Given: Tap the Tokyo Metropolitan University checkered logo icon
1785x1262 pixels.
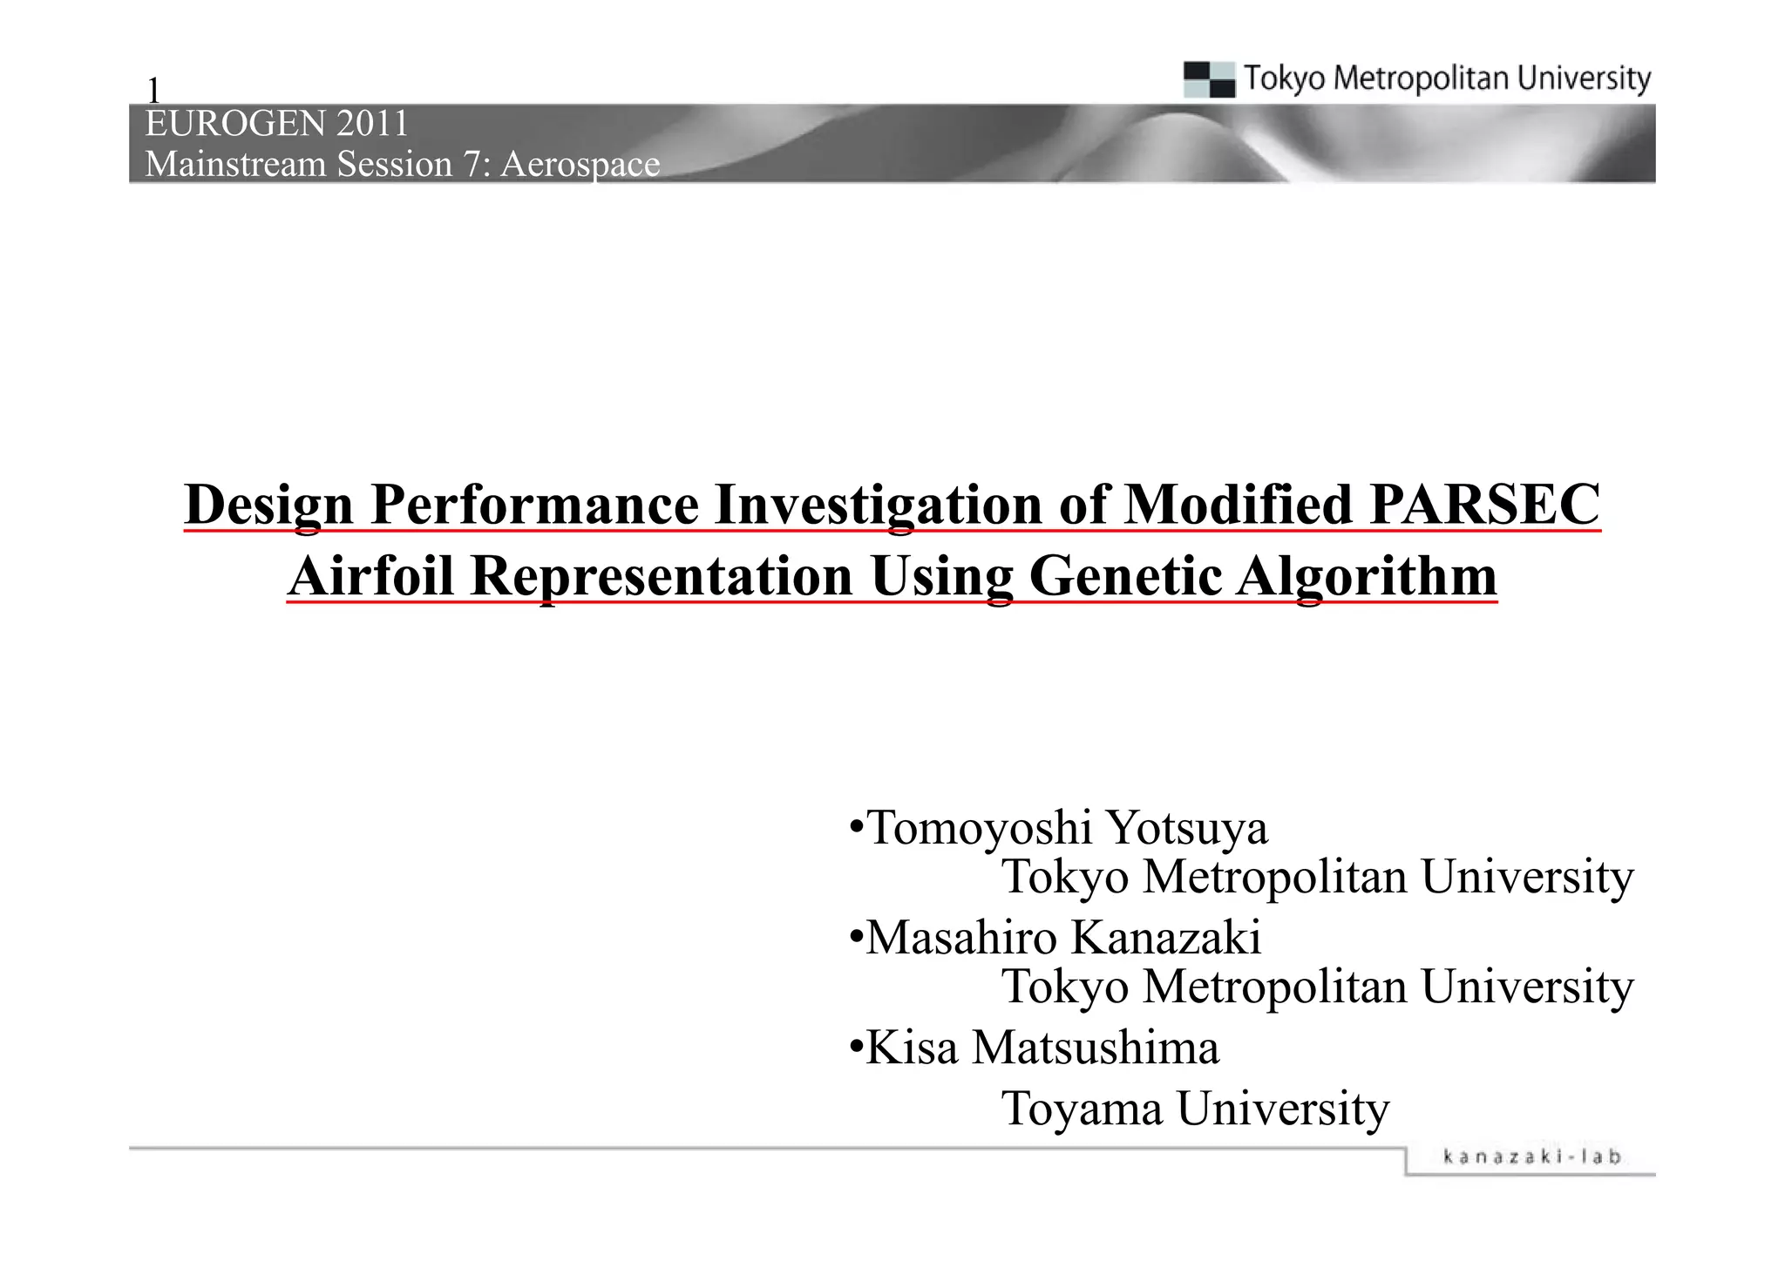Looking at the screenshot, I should pos(1209,79).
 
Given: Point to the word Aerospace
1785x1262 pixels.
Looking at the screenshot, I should pos(580,165).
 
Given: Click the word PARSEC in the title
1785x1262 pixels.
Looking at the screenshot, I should pos(1484,505).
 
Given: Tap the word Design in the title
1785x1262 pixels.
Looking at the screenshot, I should pos(269,505).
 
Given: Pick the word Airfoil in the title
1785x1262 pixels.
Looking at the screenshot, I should pos(371,577).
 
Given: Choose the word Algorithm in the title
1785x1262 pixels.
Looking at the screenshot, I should pos(1366,577).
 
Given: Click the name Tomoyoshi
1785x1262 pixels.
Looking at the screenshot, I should pos(980,828).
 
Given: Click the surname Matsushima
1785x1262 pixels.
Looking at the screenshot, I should pos(1096,1048).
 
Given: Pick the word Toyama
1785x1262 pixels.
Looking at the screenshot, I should pos(1082,1109).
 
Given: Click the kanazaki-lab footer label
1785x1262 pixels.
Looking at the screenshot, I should pos(1532,1157).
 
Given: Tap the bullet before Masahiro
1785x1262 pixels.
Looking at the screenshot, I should pos(857,939).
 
